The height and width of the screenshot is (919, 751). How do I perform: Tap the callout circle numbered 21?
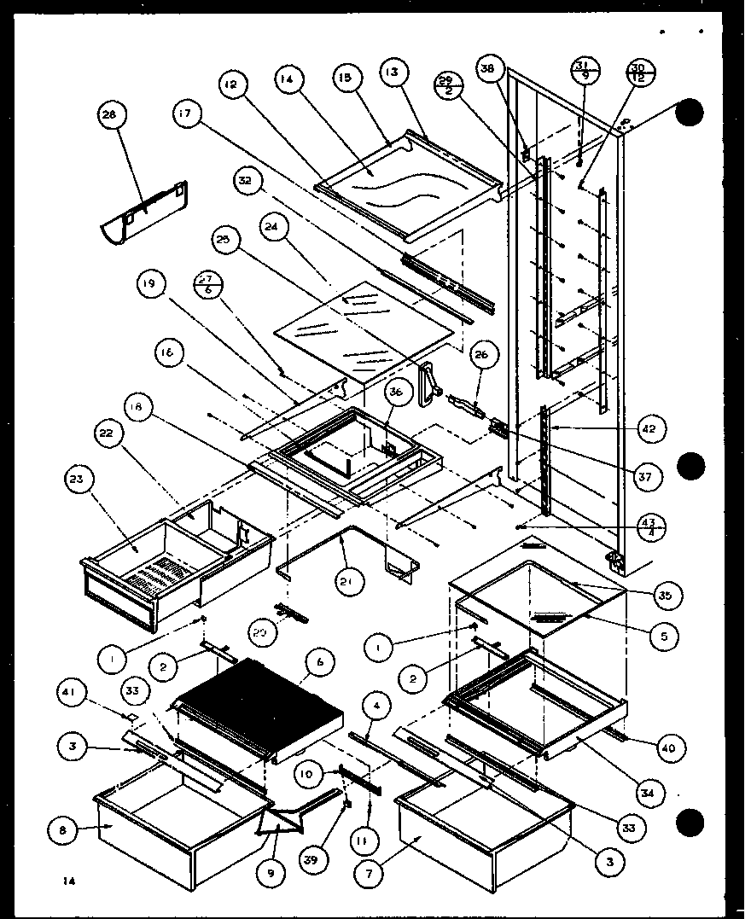(350, 581)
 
